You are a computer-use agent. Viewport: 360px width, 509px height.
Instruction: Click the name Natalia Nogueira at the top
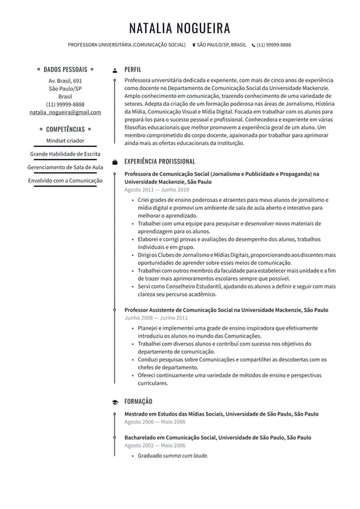(179, 28)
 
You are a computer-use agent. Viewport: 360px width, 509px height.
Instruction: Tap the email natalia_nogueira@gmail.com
(65, 113)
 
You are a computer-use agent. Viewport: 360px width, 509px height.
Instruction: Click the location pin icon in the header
(193, 45)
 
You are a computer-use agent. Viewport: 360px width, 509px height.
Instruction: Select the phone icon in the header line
(253, 45)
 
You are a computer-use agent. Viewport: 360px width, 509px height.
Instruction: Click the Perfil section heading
(132, 69)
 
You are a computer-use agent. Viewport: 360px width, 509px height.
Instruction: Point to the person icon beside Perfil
(115, 69)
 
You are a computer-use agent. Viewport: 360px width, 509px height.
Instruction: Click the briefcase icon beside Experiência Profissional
(115, 162)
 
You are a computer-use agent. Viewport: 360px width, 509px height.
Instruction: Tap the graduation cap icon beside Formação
(115, 402)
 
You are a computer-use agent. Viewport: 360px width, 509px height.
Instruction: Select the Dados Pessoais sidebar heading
(65, 69)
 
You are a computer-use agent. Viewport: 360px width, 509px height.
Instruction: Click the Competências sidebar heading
(65, 129)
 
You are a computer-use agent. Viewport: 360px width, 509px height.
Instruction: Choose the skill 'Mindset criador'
(65, 141)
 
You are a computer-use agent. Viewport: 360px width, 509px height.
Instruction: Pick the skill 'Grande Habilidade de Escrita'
(65, 154)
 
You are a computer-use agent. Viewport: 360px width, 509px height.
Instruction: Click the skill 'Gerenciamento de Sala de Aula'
(65, 167)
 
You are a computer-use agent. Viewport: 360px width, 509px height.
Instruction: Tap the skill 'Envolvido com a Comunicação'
(65, 181)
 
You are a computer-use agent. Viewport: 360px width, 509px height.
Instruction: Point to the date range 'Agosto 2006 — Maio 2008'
(155, 422)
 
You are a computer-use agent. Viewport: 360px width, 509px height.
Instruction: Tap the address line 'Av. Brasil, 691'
(65, 81)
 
